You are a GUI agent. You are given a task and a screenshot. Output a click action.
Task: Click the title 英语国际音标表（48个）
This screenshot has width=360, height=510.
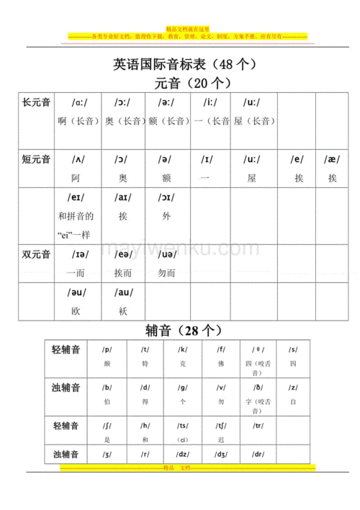[x=185, y=64]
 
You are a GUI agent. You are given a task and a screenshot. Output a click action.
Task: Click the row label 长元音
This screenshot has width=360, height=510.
[x=36, y=103]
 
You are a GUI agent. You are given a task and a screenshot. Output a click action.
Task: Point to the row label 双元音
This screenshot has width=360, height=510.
[x=36, y=254]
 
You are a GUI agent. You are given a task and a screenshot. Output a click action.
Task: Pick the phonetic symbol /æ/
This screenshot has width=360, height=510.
[x=331, y=158]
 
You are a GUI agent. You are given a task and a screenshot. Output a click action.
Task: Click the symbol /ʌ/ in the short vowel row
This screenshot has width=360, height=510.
[x=78, y=158]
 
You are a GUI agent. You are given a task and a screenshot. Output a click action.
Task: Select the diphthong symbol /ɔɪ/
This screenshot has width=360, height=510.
[x=166, y=197]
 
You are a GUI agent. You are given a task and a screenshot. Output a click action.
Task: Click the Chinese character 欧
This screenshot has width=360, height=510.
[x=76, y=310]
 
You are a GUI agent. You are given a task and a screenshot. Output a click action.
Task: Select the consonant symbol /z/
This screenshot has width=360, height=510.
[x=293, y=387]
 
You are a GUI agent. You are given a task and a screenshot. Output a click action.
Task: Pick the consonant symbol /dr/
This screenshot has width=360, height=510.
[x=257, y=455]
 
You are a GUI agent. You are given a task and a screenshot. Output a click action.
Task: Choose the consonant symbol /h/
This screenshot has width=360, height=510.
[x=145, y=425]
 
